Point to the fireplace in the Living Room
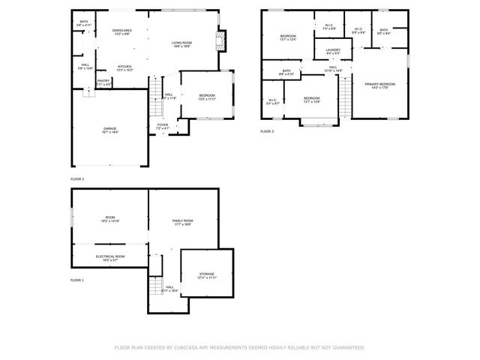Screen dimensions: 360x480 point(220,39)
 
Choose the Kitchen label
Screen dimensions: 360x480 point(124,67)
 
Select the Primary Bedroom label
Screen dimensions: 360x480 point(379,85)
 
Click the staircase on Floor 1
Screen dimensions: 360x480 point(156,286)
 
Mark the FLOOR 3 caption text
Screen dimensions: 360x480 point(268,131)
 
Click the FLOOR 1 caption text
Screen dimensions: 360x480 point(77,280)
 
